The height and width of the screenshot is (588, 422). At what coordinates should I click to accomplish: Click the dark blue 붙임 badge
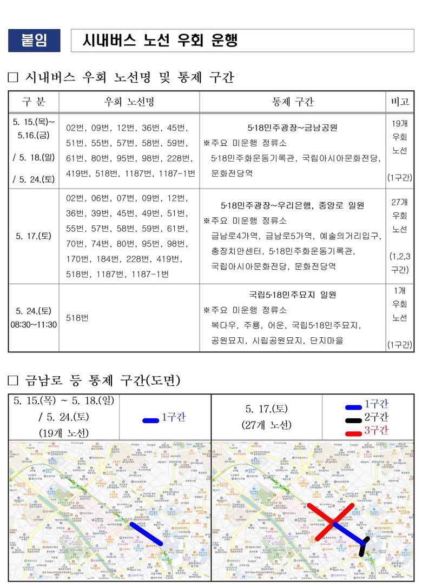click(34, 41)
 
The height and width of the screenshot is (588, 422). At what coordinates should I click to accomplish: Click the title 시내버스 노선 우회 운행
click(160, 41)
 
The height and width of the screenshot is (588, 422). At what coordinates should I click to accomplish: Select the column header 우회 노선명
click(129, 102)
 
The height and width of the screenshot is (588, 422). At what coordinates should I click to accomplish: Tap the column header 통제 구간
click(292, 102)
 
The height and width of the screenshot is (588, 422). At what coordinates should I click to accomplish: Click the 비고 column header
click(400, 102)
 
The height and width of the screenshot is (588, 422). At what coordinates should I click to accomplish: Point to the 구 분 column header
click(34, 102)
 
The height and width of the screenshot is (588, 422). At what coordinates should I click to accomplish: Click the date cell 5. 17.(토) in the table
click(34, 236)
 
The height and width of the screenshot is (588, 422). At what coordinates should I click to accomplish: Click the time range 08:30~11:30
click(34, 325)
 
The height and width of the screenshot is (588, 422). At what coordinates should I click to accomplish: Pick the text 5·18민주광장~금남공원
click(292, 128)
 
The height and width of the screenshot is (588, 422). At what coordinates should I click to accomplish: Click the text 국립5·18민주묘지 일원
click(292, 295)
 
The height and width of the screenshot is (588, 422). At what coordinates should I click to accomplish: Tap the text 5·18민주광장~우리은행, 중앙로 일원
click(292, 205)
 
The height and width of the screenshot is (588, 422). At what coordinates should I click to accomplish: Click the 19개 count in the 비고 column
click(400, 124)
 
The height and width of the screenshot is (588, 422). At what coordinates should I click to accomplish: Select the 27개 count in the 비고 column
click(400, 202)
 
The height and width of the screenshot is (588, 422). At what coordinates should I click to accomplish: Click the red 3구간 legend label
click(376, 430)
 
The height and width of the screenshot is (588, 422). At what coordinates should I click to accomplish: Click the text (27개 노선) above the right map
click(266, 425)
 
